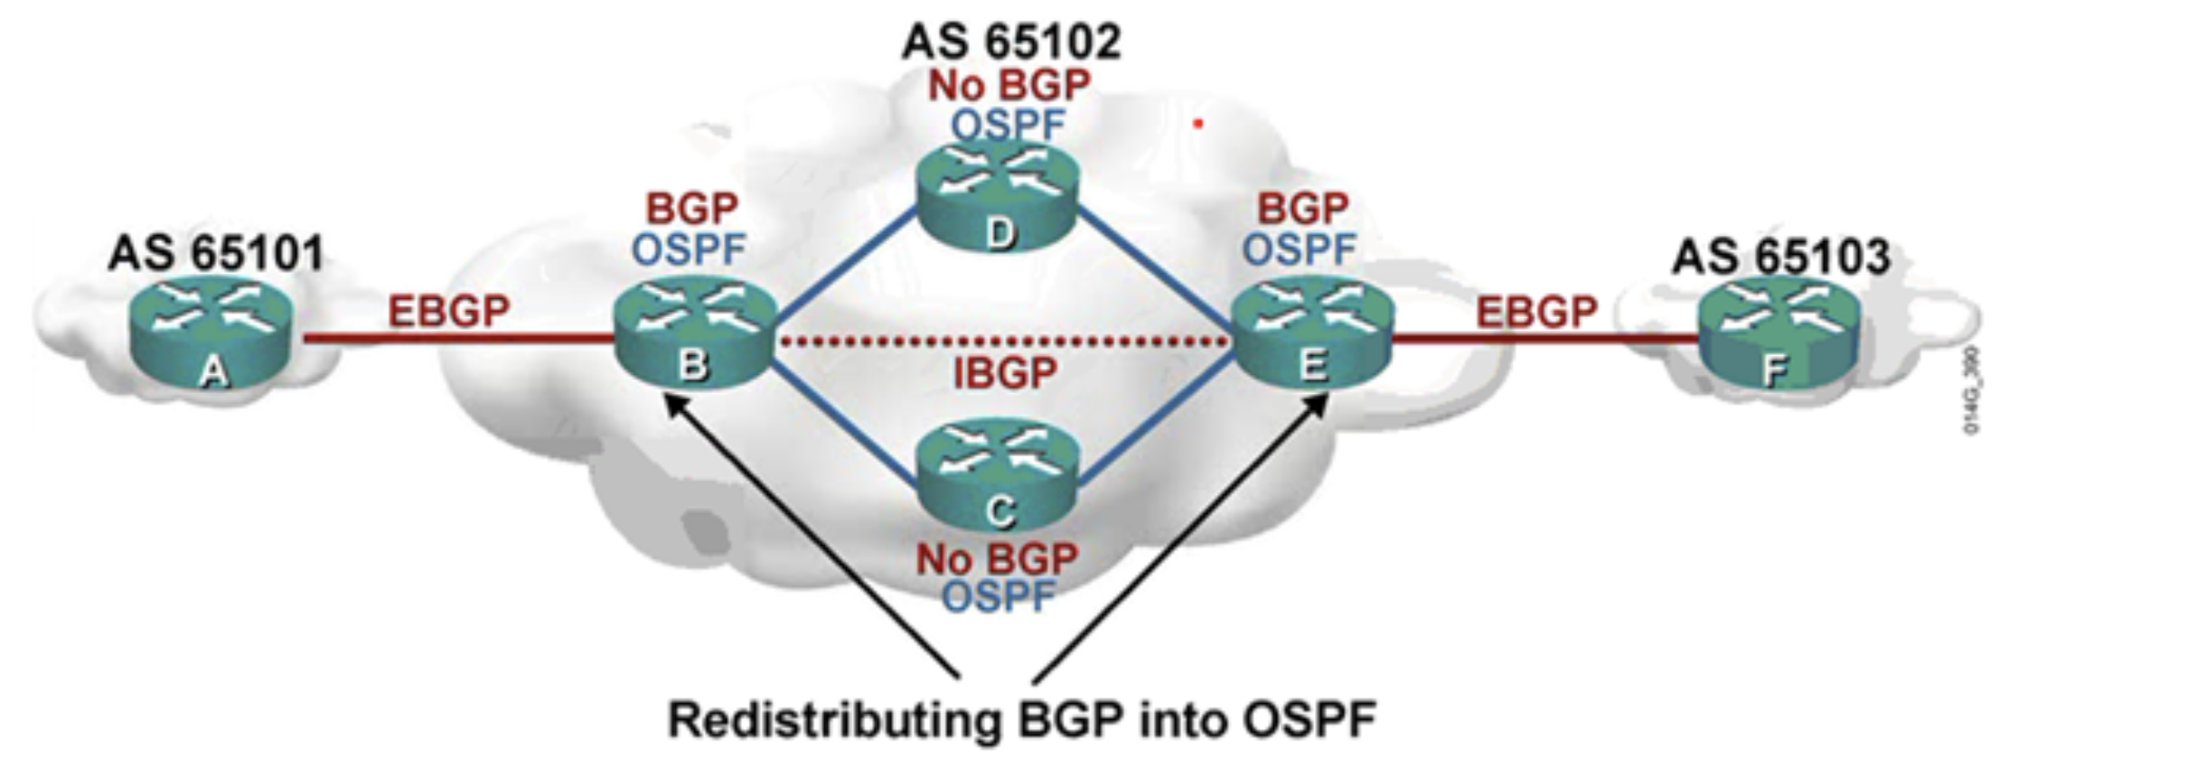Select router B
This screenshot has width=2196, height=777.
pyautogui.click(x=694, y=335)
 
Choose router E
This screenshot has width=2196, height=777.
pyautogui.click(x=1313, y=335)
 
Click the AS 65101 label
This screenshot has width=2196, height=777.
pyautogui.click(x=216, y=253)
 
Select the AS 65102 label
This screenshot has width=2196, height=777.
pyautogui.click(x=1011, y=42)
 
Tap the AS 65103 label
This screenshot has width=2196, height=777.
pyautogui.click(x=1780, y=257)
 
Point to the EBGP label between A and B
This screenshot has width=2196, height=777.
pyautogui.click(x=449, y=312)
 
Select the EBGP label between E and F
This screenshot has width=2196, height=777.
pyautogui.click(x=1536, y=313)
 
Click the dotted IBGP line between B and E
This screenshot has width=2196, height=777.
pyautogui.click(x=1003, y=342)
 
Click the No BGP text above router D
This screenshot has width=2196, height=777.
pyautogui.click(x=1009, y=86)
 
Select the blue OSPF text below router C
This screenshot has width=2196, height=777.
pyautogui.click(x=998, y=597)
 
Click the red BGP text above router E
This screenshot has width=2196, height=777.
pyautogui.click(x=1302, y=209)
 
